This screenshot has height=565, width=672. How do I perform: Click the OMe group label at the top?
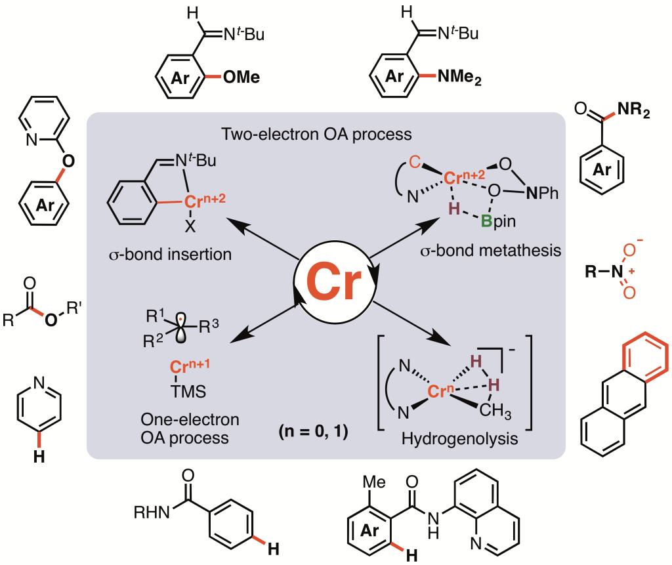241,77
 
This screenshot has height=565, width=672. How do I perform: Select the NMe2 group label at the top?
459,77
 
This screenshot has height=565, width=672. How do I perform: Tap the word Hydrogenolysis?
460,439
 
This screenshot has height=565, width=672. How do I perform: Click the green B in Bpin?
486,221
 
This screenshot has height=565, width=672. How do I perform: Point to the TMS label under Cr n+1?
188,391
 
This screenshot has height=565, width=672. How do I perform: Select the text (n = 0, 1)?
313,431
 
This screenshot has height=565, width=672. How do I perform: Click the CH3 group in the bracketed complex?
495,410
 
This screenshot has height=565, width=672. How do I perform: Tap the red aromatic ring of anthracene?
646,354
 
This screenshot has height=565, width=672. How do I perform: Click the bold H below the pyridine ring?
39,457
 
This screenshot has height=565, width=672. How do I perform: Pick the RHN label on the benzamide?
152,512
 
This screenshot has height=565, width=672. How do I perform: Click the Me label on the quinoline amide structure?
374,482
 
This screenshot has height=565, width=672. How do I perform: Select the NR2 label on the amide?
633,111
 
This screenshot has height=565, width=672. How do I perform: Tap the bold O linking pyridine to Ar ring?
68,161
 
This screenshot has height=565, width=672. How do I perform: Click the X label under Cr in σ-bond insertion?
190,226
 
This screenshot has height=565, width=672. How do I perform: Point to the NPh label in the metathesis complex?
542,194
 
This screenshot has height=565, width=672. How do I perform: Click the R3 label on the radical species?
209,327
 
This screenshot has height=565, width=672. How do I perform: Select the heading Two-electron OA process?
317,134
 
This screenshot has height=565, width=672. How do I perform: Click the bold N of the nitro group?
617,271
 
